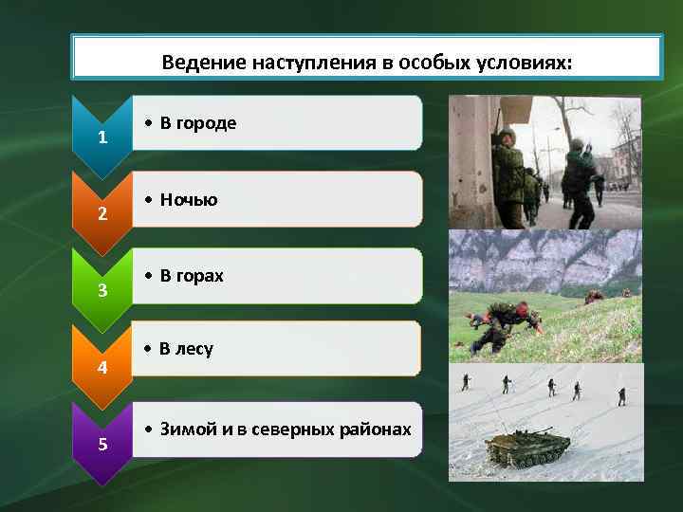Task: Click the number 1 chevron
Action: tap(102, 138)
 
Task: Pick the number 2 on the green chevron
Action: tap(102, 214)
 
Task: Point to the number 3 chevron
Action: tap(102, 290)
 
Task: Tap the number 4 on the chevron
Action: tap(102, 368)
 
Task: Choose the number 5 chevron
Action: tap(102, 445)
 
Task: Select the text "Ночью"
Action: tap(189, 200)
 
